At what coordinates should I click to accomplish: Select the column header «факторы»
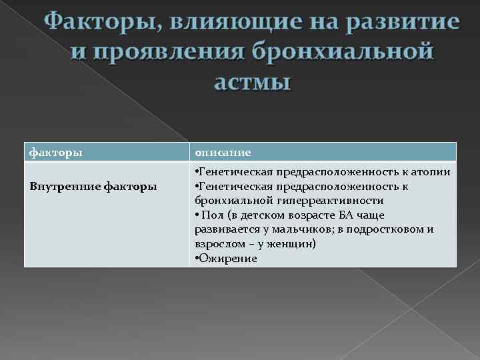coord(57,152)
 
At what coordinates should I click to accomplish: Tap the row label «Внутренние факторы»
coord(93,186)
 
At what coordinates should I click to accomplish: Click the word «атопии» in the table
coord(433,172)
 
